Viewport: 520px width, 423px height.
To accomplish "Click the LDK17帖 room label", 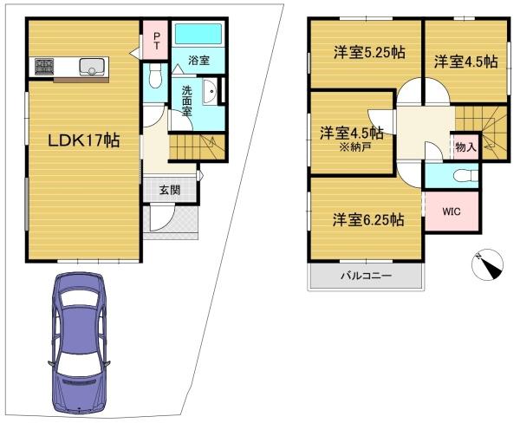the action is coord(84,140).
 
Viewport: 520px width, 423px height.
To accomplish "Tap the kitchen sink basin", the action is coord(91,67).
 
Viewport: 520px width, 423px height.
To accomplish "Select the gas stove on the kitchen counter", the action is coord(44,67).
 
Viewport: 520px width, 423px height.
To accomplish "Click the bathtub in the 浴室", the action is coord(198,34).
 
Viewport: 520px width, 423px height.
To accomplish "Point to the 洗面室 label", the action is coord(187,101).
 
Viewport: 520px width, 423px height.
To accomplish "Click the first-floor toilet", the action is coord(154,75).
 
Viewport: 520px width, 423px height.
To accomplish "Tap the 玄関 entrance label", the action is coord(170,190).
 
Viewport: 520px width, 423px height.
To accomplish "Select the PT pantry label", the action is coord(156,41).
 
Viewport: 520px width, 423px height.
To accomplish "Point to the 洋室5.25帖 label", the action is coord(369,52).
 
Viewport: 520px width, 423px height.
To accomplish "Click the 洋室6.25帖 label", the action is coord(368,219).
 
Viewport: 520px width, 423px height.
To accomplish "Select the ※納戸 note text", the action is coord(354,147).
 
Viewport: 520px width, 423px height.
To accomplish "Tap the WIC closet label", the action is coord(452,211).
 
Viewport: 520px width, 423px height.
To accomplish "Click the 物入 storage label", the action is coord(465,146).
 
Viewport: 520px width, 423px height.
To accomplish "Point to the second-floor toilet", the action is coord(466,175).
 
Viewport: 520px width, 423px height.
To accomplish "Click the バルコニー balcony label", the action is coord(367,276).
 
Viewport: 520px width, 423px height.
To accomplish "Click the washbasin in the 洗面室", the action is coord(210,92).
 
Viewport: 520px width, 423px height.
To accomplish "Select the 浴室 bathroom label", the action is coord(199,61).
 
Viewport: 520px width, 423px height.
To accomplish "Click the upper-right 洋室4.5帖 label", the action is coord(466,62).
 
